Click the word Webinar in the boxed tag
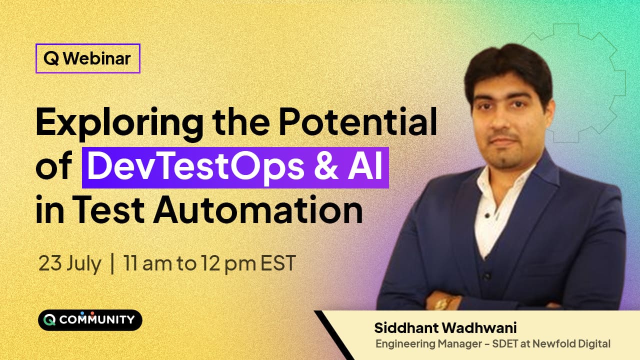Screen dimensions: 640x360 [97, 58]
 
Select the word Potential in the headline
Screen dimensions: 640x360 [357, 121]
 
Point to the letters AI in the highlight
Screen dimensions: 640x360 [365, 166]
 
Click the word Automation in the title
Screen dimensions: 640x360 [258, 209]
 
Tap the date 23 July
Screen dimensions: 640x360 [69, 263]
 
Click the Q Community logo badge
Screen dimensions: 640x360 [90, 320]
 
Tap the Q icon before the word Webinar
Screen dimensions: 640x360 [51, 59]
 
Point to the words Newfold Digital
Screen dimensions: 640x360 [571, 343]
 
